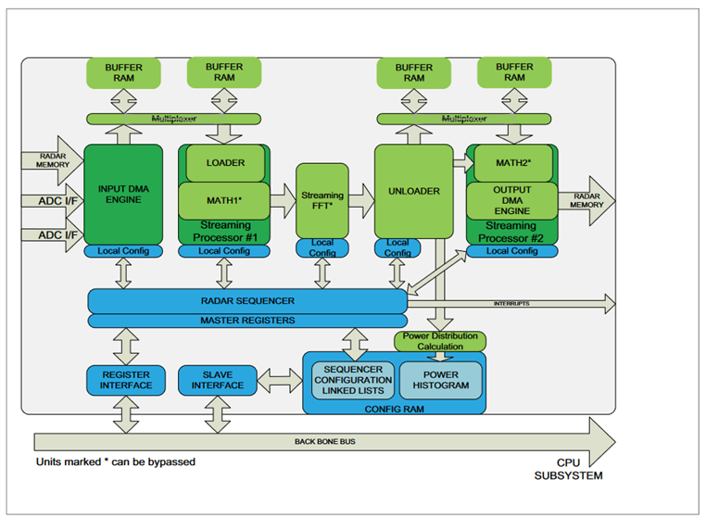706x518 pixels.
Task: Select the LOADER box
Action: click(225, 163)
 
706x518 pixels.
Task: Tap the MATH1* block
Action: click(225, 199)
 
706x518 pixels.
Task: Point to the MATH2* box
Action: click(512, 163)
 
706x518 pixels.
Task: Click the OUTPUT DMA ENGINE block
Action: click(512, 199)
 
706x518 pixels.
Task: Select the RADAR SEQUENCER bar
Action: click(246, 301)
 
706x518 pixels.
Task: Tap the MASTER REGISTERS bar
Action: click(246, 321)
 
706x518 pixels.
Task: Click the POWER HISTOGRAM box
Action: click(441, 380)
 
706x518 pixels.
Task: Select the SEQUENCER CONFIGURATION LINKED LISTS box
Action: click(353, 380)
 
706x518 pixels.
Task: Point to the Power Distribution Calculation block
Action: click(440, 341)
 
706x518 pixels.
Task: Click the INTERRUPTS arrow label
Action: click(513, 303)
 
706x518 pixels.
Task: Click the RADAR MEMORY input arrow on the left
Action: click(51, 162)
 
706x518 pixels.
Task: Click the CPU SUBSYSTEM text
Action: click(567, 467)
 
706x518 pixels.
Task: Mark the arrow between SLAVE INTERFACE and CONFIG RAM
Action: click(279, 379)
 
